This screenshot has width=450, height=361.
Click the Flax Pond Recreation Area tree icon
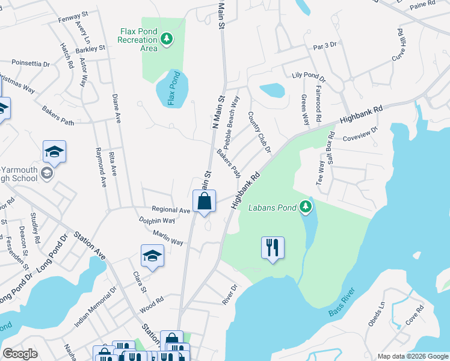click(x=167, y=40)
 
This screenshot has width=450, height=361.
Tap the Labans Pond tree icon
click(x=306, y=208)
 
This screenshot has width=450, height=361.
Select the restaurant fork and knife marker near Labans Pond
click(x=273, y=247)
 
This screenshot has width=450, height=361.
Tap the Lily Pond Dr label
click(x=308, y=76)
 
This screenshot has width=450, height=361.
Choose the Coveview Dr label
click(x=359, y=133)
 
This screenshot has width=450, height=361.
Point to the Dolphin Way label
click(x=156, y=221)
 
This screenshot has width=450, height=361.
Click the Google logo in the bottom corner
click(x=20, y=354)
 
